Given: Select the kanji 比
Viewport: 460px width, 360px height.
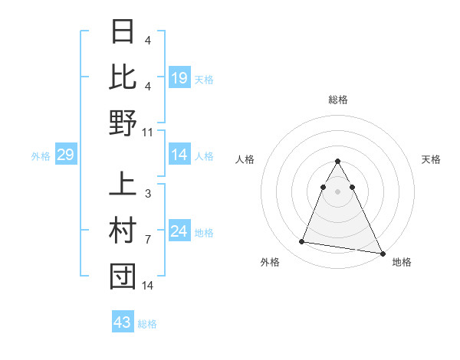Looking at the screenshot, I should click(123, 76).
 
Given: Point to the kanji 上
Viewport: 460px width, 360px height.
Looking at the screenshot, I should click(123, 185).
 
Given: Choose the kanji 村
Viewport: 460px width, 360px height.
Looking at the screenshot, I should click(123, 231).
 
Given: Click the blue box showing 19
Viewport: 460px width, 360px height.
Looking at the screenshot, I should click(179, 77).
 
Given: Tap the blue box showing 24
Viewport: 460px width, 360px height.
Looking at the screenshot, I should click(179, 232).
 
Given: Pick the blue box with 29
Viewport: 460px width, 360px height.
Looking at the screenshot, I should click(65, 155).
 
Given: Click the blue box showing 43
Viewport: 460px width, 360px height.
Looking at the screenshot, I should click(123, 322).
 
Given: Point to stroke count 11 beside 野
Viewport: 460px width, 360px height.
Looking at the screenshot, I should click(148, 132).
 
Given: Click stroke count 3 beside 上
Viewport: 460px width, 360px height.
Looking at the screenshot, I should click(147, 195).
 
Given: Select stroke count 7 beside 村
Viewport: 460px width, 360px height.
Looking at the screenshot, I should click(147, 240).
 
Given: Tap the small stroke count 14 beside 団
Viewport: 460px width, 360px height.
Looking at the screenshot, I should click(148, 286).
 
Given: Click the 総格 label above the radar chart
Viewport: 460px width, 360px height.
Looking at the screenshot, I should click(337, 100).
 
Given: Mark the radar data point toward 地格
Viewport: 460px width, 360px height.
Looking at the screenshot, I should click(383, 254).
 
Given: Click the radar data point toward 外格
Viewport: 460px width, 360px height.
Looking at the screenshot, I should click(301, 242).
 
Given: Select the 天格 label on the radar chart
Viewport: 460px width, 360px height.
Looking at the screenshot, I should click(432, 159).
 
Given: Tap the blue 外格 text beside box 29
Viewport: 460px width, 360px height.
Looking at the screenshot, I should click(41, 156).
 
